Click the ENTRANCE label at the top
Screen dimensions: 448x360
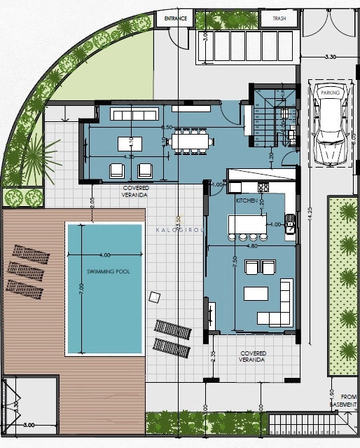175,19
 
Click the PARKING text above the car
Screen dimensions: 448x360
329,92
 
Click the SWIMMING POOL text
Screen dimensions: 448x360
104,271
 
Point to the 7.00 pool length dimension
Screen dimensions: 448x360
81,287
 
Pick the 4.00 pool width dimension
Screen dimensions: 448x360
105,254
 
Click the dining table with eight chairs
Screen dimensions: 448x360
190,142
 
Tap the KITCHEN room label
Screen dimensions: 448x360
247,201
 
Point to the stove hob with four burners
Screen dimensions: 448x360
263,187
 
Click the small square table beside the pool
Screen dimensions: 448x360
155,297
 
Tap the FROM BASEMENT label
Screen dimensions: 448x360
343,400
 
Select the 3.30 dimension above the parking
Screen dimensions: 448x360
331,56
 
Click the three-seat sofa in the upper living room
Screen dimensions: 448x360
126,114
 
